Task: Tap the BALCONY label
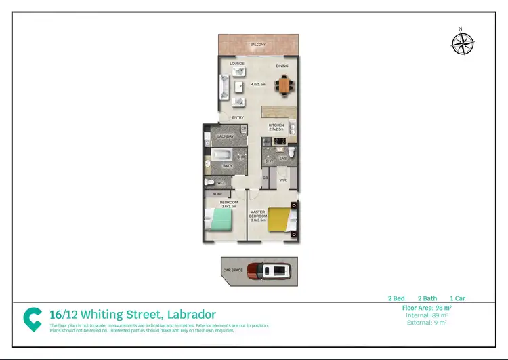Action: click(x=257, y=45)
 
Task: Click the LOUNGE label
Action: click(x=236, y=64)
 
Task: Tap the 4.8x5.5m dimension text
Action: click(x=258, y=84)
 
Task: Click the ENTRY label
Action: click(x=238, y=117)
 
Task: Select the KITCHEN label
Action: click(x=276, y=125)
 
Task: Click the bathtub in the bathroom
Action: click(x=221, y=155)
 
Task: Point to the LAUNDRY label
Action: click(x=225, y=136)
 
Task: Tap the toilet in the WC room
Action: click(x=211, y=183)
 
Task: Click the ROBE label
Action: click(x=218, y=194)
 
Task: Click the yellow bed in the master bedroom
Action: click(x=280, y=218)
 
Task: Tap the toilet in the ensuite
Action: click(x=291, y=153)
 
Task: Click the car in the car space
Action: click(x=269, y=271)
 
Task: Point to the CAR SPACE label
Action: click(x=233, y=270)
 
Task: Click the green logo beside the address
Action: click(x=32, y=319)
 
